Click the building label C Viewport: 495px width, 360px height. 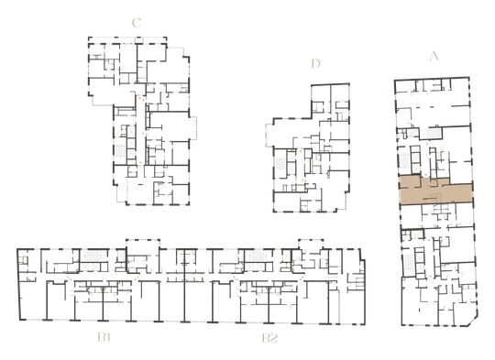(137, 23)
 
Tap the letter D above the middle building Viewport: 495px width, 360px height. (315, 63)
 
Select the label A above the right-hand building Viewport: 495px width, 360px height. (434, 56)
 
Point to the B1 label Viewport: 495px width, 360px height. (104, 338)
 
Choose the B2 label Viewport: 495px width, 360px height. (269, 338)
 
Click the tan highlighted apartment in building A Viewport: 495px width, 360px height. (436, 191)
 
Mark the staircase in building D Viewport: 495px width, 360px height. (280, 164)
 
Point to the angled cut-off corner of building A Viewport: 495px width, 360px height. (474, 322)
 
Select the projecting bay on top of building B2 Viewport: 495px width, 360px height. (311, 244)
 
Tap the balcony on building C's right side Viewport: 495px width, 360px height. (192, 127)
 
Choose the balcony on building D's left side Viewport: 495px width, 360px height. (269, 136)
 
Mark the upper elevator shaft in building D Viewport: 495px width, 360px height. (291, 157)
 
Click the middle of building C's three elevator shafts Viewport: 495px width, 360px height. (131, 143)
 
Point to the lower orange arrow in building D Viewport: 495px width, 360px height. (303, 180)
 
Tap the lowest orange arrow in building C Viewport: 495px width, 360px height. (141, 163)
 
